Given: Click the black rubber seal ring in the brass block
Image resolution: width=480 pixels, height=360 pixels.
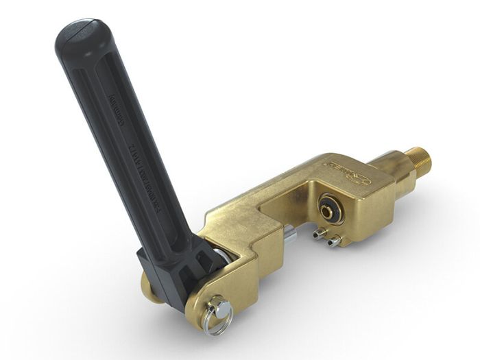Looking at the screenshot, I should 328,206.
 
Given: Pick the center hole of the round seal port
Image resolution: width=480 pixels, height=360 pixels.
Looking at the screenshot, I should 330,206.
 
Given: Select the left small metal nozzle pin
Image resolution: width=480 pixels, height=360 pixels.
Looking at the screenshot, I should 318,235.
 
